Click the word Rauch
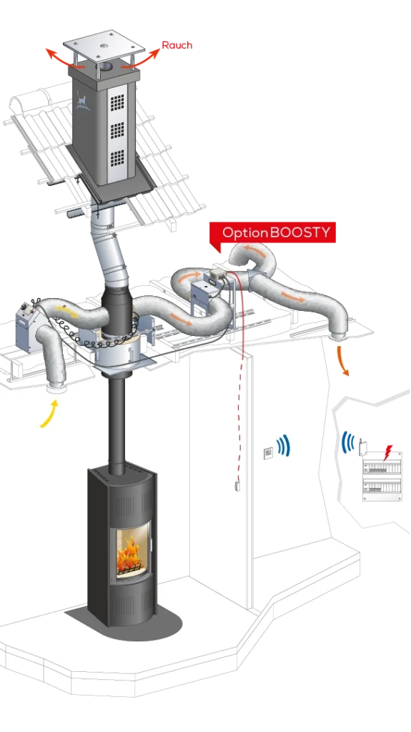[177, 45]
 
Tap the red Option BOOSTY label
[273, 232]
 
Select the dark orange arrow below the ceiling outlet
[343, 361]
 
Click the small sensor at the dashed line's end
[238, 485]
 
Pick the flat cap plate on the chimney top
[104, 46]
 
